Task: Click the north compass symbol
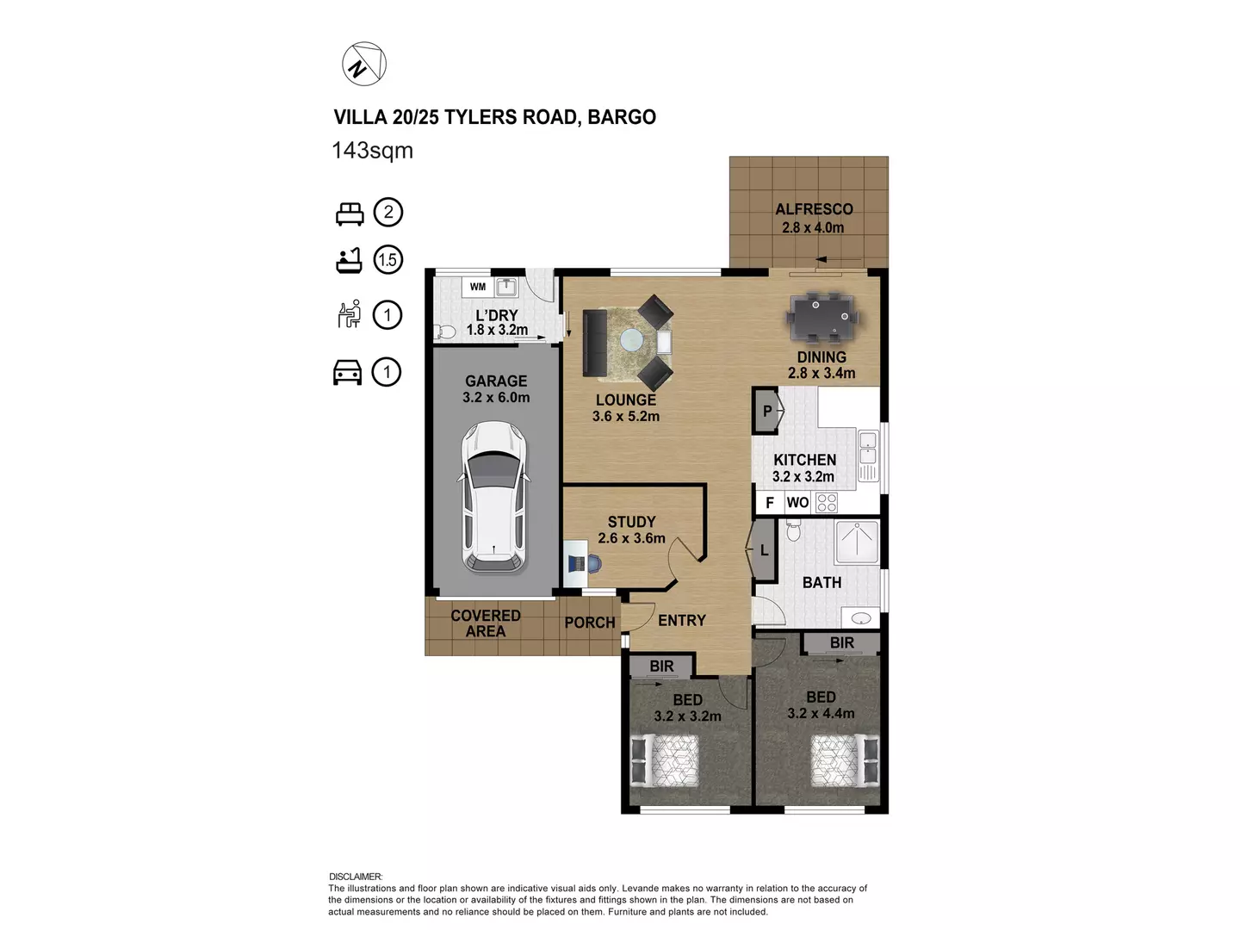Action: pyautogui.click(x=364, y=65)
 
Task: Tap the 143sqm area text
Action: pyautogui.click(x=372, y=151)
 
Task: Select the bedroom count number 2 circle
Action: pyautogui.click(x=388, y=213)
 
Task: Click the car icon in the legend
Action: pyautogui.click(x=348, y=372)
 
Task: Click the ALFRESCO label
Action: pyautogui.click(x=814, y=209)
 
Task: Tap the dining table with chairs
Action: pyautogui.click(x=821, y=317)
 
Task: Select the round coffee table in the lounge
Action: pyautogui.click(x=631, y=341)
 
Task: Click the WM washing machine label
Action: pyautogui.click(x=478, y=287)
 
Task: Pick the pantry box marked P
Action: pyautogui.click(x=766, y=412)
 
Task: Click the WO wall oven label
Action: pyautogui.click(x=797, y=503)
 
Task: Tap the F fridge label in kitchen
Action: pyautogui.click(x=769, y=503)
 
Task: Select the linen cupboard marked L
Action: pyautogui.click(x=764, y=550)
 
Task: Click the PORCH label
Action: pyautogui.click(x=590, y=623)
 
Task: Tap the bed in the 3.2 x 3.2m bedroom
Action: pyautogui.click(x=666, y=760)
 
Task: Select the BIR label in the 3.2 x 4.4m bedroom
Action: pyautogui.click(x=841, y=643)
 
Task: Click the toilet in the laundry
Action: pyautogui.click(x=446, y=332)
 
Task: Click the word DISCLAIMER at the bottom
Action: pyautogui.click(x=356, y=877)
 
